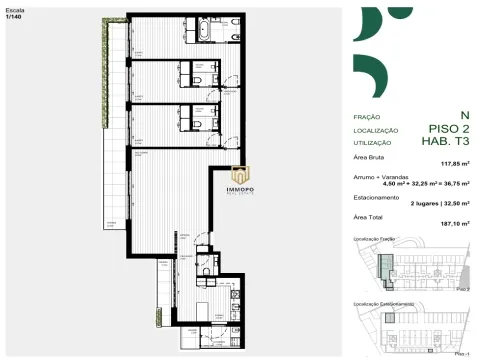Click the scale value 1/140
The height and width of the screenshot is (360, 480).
(x=12, y=16)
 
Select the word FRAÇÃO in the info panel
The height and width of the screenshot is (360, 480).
(x=367, y=117)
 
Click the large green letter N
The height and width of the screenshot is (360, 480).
(x=463, y=116)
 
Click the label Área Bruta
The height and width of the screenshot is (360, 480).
(x=372, y=157)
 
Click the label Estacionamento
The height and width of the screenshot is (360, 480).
(x=378, y=196)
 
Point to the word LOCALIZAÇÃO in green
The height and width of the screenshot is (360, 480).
(x=375, y=130)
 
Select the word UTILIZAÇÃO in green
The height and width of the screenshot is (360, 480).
(x=372, y=143)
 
